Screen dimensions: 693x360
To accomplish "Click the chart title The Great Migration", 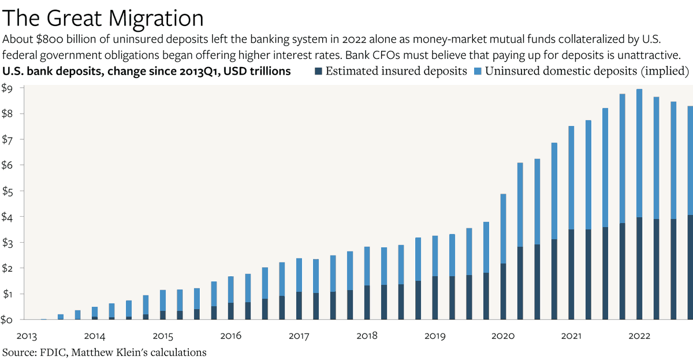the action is tap(103, 18).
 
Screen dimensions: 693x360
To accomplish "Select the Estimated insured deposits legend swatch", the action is tap(318, 72).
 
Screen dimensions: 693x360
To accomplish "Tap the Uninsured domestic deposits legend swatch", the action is tap(478, 72).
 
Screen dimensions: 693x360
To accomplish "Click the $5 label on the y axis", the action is tap(7, 191).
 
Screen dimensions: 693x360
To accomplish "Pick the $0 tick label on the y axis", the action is tap(7, 320).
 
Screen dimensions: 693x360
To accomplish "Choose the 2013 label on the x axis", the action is tap(27, 336).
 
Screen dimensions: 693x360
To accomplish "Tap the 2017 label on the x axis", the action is tap(299, 336).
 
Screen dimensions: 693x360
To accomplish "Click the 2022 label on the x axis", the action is tap(639, 336).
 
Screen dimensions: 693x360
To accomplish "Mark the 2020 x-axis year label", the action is tap(503, 336).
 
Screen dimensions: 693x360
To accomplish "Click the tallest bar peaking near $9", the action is tap(639, 205).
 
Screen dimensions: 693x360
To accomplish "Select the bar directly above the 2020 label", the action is tap(503, 257).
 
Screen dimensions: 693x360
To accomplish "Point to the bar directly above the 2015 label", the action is tap(163, 305).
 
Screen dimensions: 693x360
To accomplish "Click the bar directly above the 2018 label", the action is tap(367, 283).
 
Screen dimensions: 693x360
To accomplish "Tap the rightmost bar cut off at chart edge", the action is tap(691, 213).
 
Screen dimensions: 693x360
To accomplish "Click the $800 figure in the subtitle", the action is tap(50, 39).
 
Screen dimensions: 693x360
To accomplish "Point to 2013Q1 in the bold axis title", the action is tap(200, 72).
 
